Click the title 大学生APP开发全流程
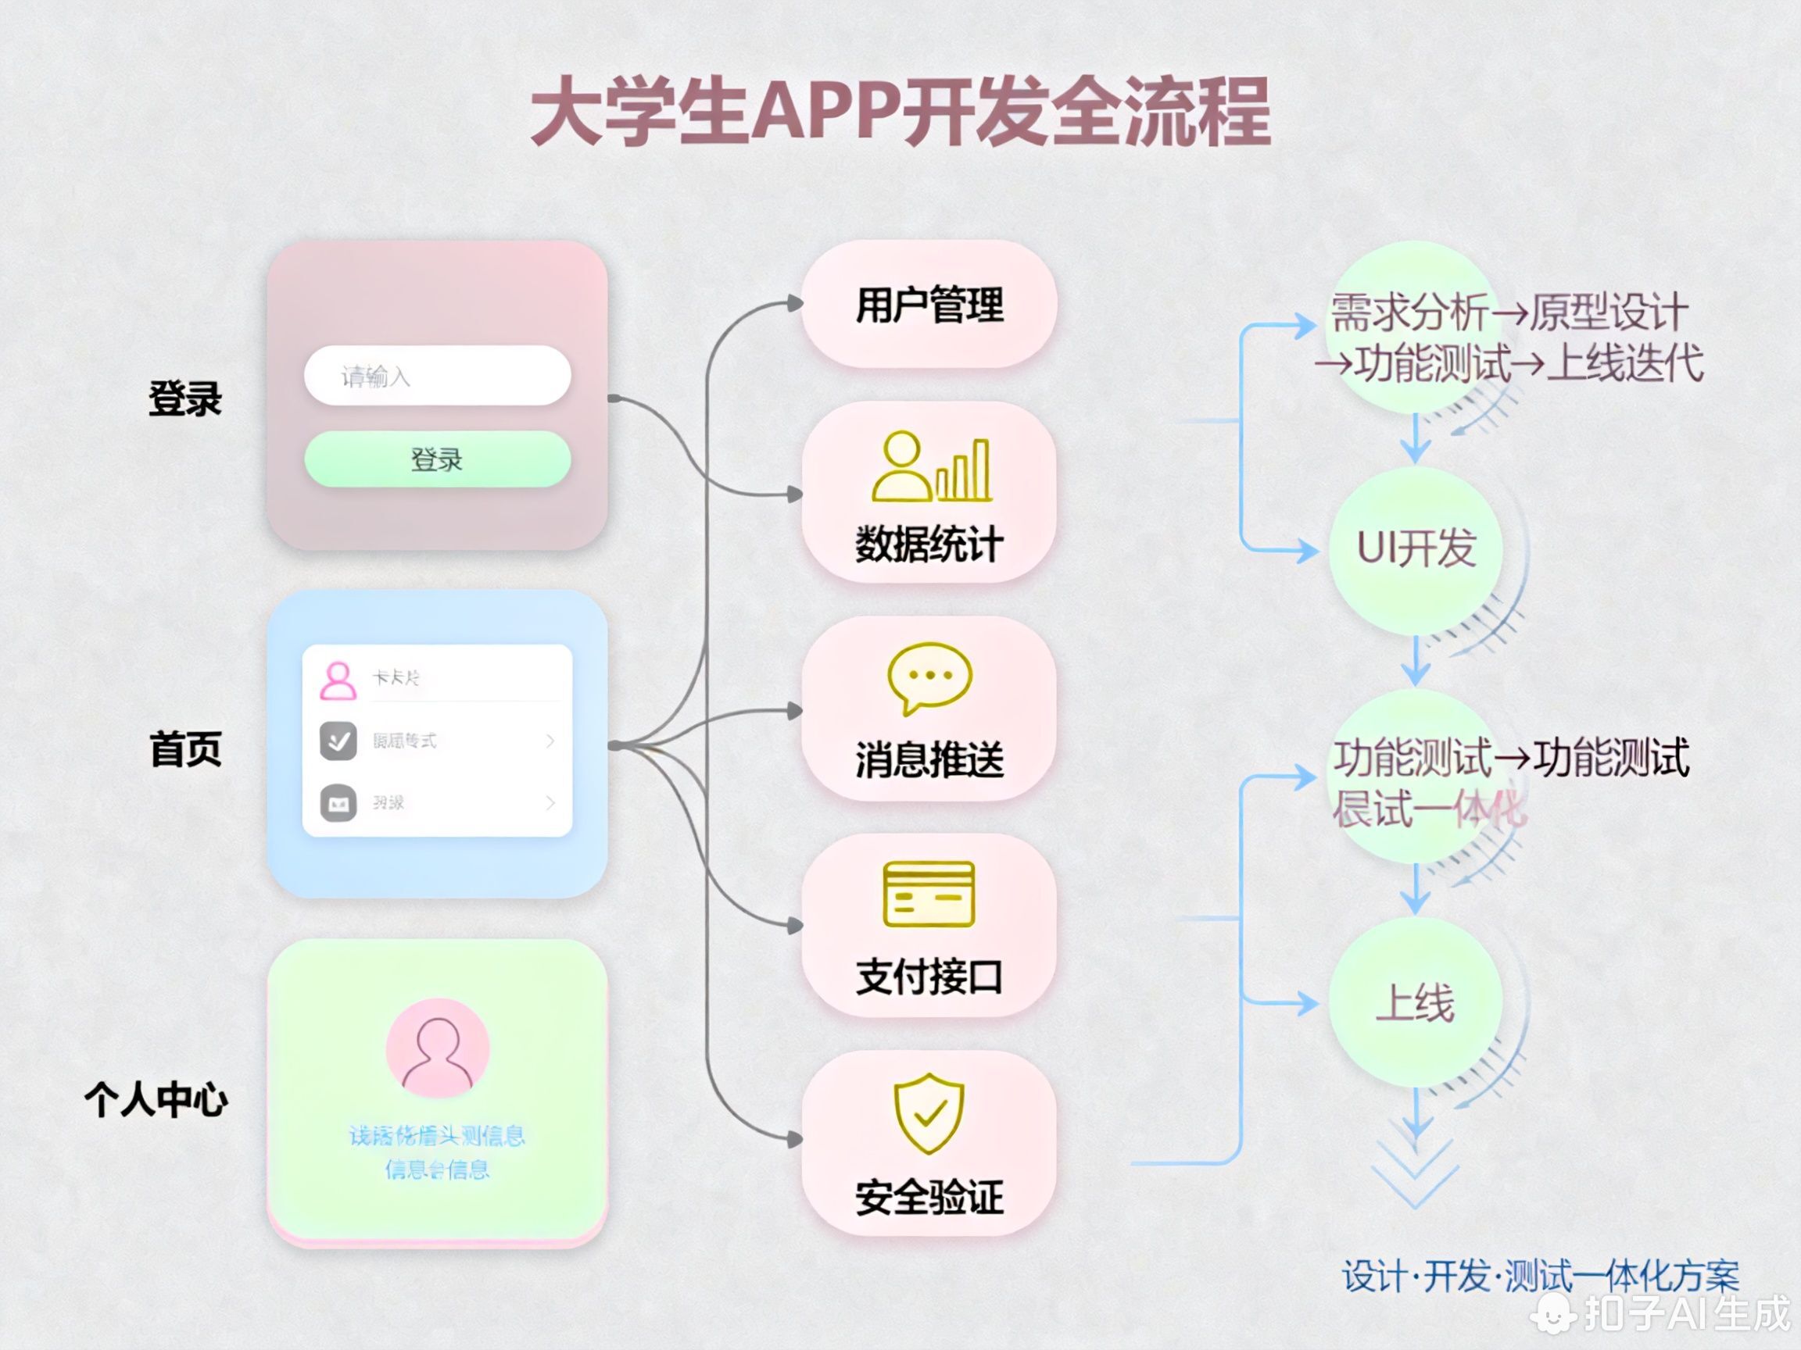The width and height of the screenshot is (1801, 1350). pos(900,112)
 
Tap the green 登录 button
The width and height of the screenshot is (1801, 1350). pos(437,459)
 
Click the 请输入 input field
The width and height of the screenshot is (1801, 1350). pos(437,376)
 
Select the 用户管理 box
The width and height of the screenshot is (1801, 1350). pos(929,305)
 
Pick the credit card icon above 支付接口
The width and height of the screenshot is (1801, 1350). pos(929,894)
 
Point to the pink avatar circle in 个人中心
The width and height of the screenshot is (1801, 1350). pos(438,1048)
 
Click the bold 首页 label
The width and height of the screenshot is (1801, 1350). pos(185,748)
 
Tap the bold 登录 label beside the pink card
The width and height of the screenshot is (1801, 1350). pos(185,398)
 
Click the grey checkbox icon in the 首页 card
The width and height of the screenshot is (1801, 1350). pos(338,741)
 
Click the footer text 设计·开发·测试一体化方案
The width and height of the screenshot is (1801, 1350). pos(1541,1275)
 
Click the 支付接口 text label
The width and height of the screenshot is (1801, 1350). pos(929,977)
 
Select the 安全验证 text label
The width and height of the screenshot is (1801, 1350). pos(929,1197)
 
